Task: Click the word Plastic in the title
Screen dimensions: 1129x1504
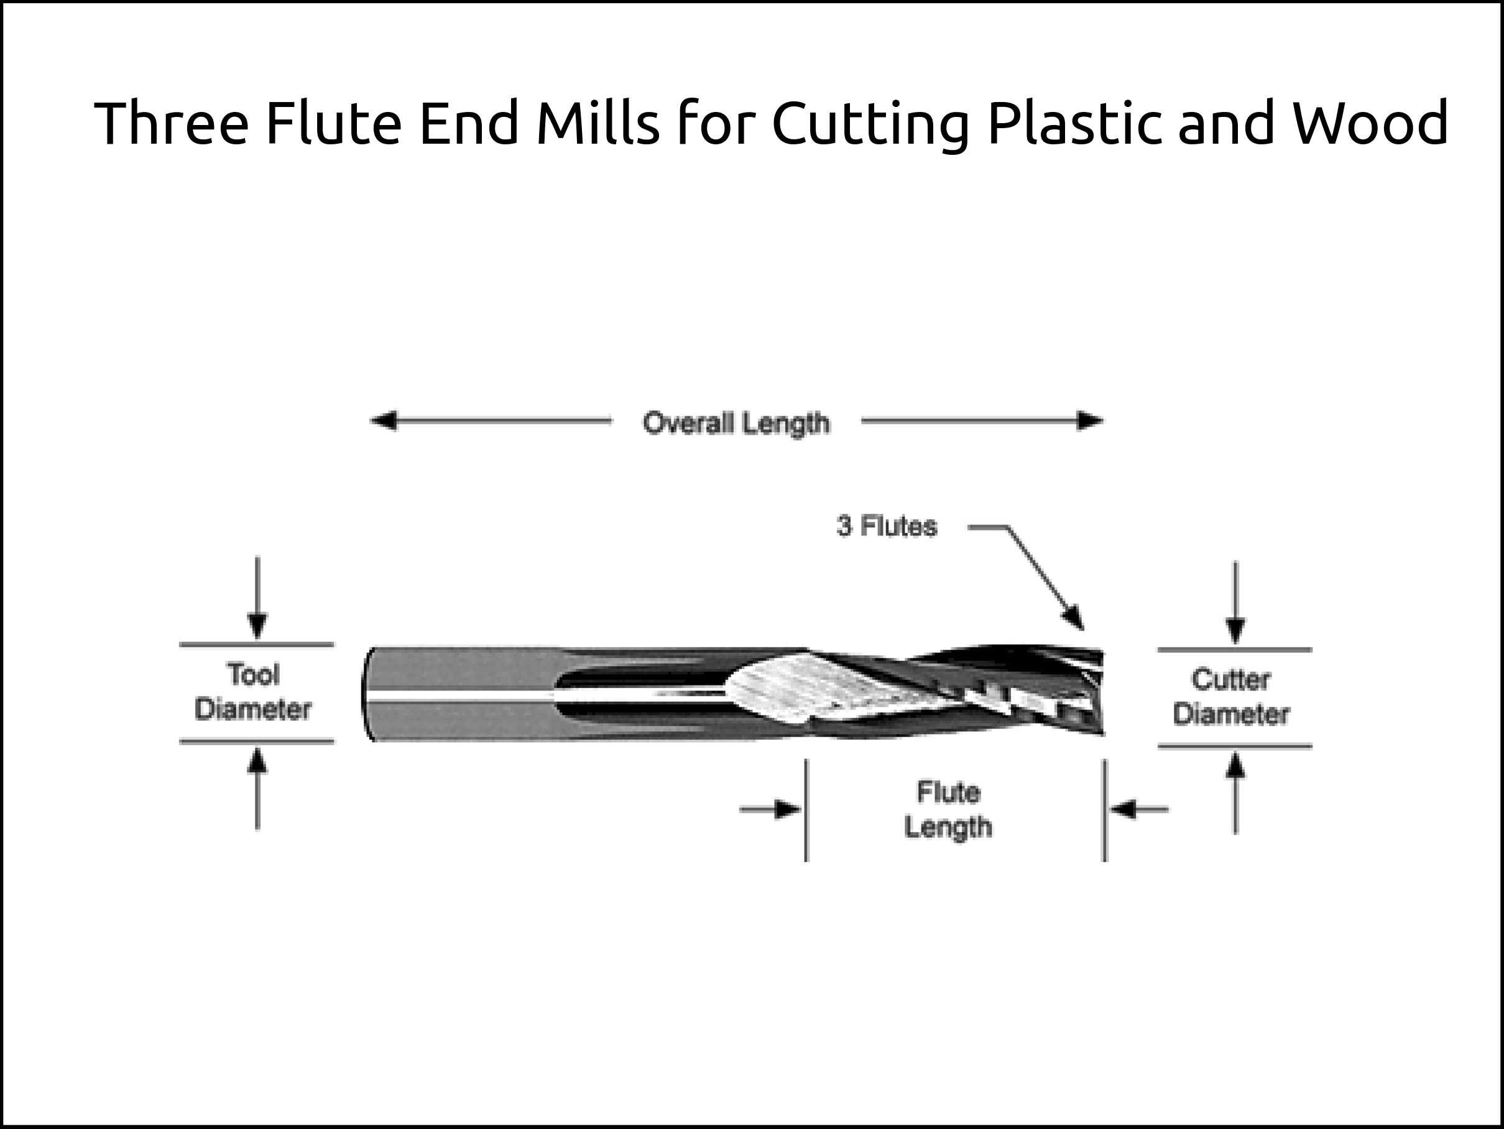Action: pyautogui.click(x=1074, y=123)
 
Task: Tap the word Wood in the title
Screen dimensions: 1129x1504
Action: pyautogui.click(x=1370, y=123)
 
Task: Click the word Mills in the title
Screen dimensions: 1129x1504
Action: pyautogui.click(x=597, y=123)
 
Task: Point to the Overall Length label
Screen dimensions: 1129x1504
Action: pyautogui.click(x=736, y=422)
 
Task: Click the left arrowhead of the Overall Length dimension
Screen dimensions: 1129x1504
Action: pyautogui.click(x=382, y=421)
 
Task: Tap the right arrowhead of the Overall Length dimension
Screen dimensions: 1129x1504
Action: pyautogui.click(x=1090, y=421)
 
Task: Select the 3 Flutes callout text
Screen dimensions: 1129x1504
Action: pyautogui.click(x=887, y=526)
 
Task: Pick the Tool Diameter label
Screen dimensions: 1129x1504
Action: pyautogui.click(x=253, y=692)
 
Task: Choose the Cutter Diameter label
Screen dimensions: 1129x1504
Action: pyautogui.click(x=1230, y=697)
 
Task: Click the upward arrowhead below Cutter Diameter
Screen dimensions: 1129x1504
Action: pyautogui.click(x=1235, y=765)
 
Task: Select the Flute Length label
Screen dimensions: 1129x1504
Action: pyautogui.click(x=948, y=809)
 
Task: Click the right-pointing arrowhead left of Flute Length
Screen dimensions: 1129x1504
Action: pyautogui.click(x=790, y=809)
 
